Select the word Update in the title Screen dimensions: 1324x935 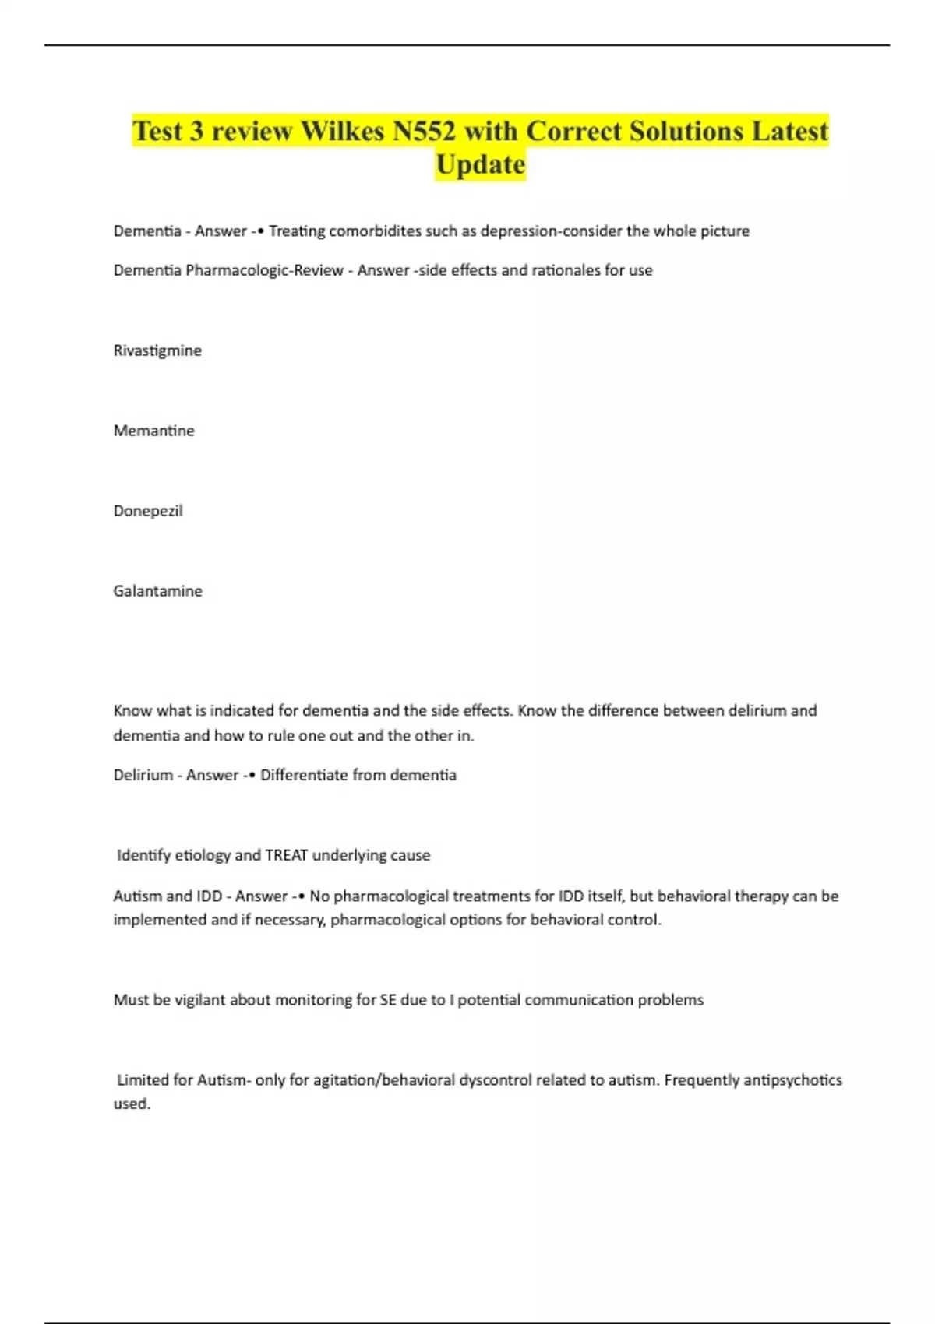pyautogui.click(x=480, y=164)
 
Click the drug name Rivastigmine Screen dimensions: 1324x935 pyautogui.click(x=157, y=350)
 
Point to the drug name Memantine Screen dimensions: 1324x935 pyautogui.click(x=153, y=431)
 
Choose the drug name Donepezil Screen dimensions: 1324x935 pyautogui.click(x=148, y=511)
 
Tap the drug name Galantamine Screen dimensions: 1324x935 pyautogui.click(x=157, y=591)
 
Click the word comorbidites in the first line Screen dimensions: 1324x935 pyautogui.click(x=376, y=231)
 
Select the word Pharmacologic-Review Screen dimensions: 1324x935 pyautogui.click(x=264, y=270)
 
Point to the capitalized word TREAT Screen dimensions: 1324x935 pyautogui.click(x=287, y=855)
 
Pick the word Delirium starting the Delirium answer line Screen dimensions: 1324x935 pyautogui.click(x=143, y=775)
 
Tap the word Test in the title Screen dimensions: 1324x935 pyautogui.click(x=157, y=131)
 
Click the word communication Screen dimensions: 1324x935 pyautogui.click(x=578, y=1000)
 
